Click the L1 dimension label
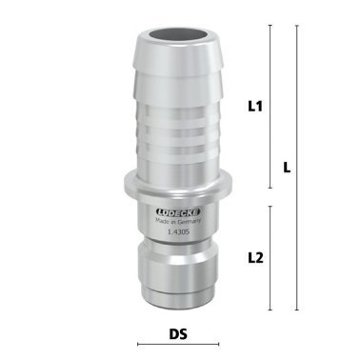point(255,107)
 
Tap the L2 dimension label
point(255,257)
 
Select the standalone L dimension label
point(287,167)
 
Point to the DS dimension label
point(176,333)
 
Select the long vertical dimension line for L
point(298,167)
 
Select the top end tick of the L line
point(298,26)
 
